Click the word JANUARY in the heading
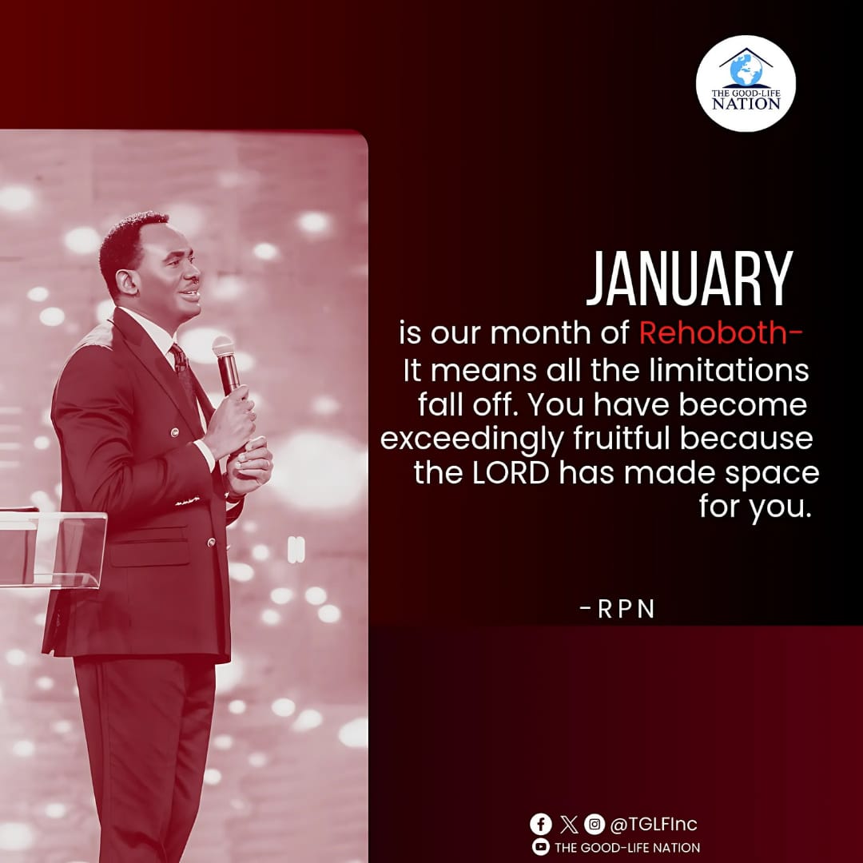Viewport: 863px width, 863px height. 689,280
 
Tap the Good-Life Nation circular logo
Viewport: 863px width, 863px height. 745,83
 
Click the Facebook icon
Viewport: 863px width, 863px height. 541,824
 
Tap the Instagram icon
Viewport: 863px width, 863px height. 594,824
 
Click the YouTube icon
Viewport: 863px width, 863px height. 541,847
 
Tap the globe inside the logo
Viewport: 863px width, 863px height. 746,70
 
